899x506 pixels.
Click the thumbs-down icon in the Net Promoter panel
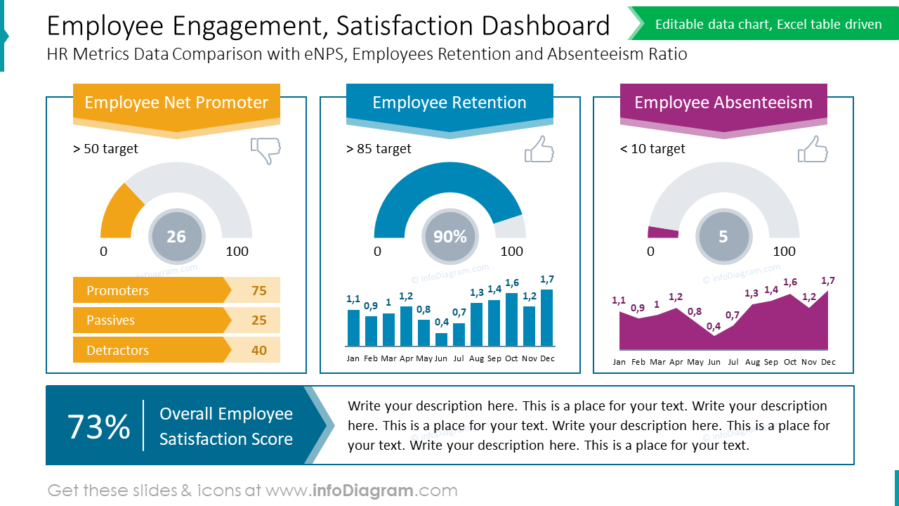pyautogui.click(x=265, y=150)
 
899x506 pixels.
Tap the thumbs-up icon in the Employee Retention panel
pyautogui.click(x=539, y=149)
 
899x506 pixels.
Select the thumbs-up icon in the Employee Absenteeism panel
pyautogui.click(x=813, y=149)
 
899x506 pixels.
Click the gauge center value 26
pyautogui.click(x=176, y=237)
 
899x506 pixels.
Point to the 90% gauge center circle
pyautogui.click(x=449, y=237)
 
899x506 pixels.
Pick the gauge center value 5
pyautogui.click(x=723, y=237)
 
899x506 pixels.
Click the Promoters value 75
pyautogui.click(x=258, y=290)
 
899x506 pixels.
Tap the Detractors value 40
pyautogui.click(x=258, y=350)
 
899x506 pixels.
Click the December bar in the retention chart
pyautogui.click(x=546, y=318)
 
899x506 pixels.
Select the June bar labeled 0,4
pyautogui.click(x=441, y=339)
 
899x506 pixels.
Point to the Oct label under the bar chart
pyautogui.click(x=511, y=358)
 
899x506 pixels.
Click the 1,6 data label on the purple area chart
pyautogui.click(x=790, y=282)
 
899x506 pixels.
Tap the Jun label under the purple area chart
pyautogui.click(x=714, y=362)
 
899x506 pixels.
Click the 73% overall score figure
pyautogui.click(x=98, y=427)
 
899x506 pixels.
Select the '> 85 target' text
pyautogui.click(x=379, y=149)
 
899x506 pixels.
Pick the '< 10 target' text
pyautogui.click(x=652, y=149)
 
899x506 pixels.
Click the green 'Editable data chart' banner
pyautogui.click(x=768, y=25)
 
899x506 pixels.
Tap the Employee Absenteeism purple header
pyautogui.click(x=723, y=103)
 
